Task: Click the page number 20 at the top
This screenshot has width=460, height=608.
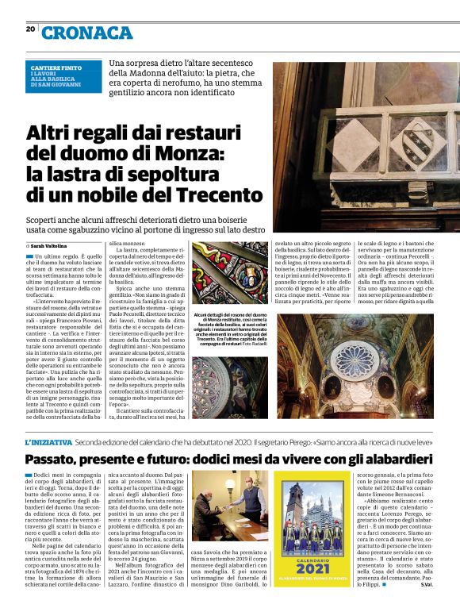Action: (31, 29)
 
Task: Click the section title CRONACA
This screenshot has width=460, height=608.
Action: (87, 33)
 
